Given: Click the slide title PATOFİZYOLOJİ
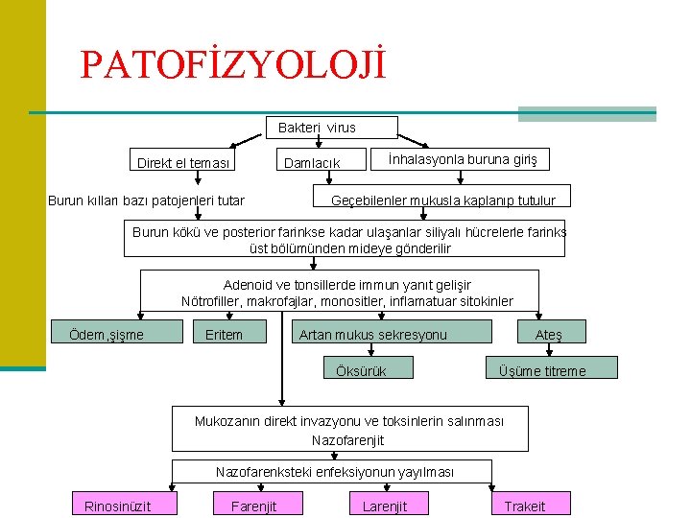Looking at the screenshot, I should [x=233, y=64].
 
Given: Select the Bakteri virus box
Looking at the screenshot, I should [x=317, y=128].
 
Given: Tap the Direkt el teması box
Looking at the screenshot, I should [x=183, y=163].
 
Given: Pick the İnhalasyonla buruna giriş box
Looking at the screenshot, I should [x=464, y=158].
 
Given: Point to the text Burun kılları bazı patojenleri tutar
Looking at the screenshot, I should [x=146, y=200].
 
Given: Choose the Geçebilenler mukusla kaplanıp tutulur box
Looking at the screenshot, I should [x=442, y=200].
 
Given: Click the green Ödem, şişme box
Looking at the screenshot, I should [x=118, y=334].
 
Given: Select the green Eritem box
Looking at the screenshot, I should [x=225, y=334].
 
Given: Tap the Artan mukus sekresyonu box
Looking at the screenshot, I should [x=373, y=334].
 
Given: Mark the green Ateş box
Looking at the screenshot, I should [x=549, y=334].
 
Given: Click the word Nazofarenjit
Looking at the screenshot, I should [x=347, y=440].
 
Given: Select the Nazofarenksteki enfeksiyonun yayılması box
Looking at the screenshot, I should [x=334, y=472].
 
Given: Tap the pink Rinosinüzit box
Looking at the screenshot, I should [x=117, y=506].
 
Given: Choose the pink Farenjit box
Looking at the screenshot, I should [x=253, y=506].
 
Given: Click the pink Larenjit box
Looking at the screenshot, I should [x=385, y=506].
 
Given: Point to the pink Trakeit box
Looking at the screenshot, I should [x=525, y=506].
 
